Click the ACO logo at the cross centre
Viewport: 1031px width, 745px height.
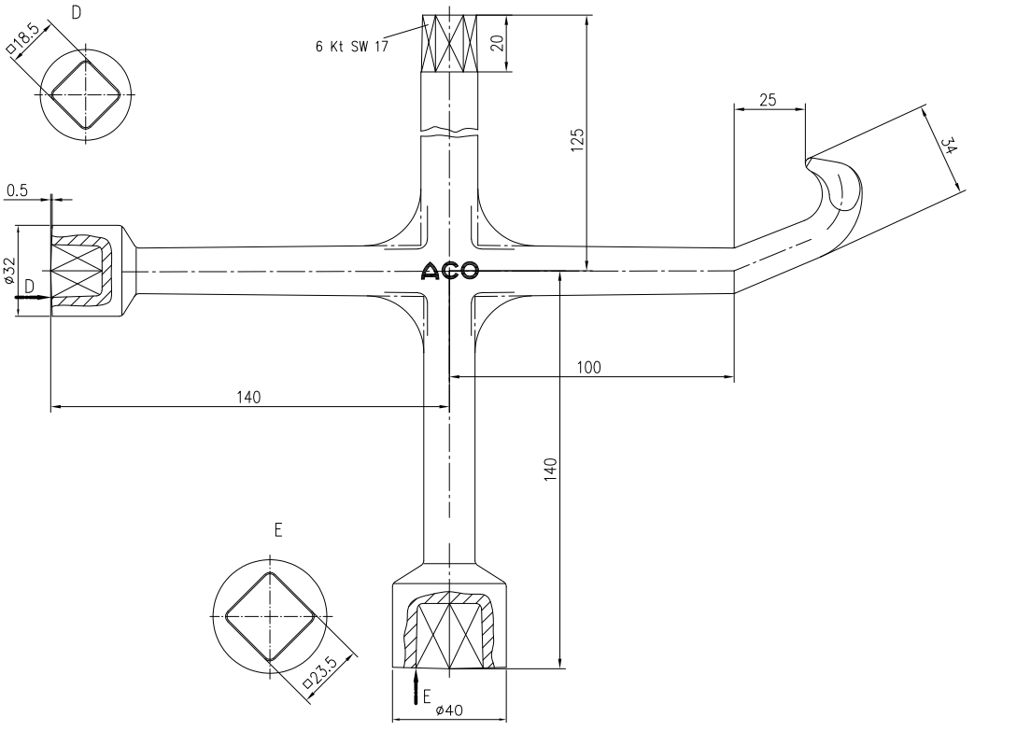(450, 270)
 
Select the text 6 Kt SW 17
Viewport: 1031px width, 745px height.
(352, 47)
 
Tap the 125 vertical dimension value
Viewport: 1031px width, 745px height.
(577, 140)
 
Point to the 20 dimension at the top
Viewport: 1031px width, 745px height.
(498, 43)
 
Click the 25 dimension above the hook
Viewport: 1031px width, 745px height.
(768, 100)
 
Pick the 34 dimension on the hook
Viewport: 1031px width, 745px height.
(949, 146)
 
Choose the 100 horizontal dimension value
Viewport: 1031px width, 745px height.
(588, 367)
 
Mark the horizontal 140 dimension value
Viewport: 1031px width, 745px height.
(248, 397)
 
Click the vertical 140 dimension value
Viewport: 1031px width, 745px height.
(551, 470)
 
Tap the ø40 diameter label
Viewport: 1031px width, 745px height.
(449, 710)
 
